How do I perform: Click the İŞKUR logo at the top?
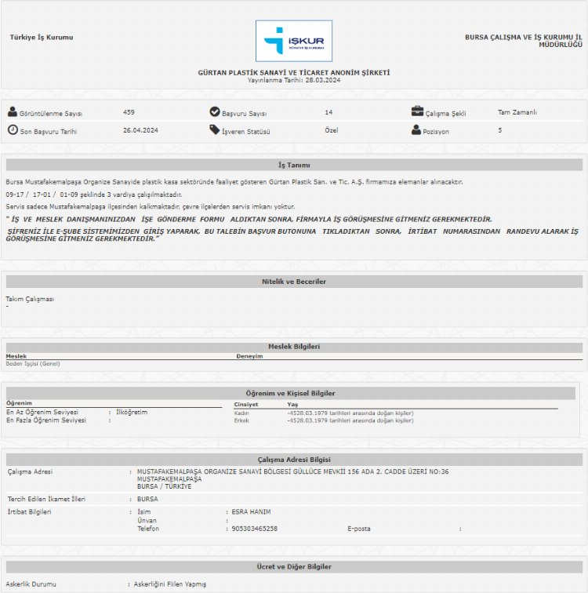[x=294, y=41]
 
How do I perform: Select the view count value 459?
[x=129, y=112]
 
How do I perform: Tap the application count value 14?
[x=328, y=112]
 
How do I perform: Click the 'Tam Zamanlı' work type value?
[x=517, y=112]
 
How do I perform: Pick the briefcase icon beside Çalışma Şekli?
[x=417, y=111]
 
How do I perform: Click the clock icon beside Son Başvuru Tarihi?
[x=13, y=130]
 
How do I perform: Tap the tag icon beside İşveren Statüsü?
[x=215, y=130]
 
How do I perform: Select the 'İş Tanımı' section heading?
[x=294, y=166]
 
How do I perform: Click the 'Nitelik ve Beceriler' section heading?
[x=294, y=282]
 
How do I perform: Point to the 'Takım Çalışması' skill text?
[x=30, y=299]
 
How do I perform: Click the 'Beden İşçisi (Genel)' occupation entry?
[x=33, y=363]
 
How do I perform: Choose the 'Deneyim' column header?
[x=249, y=356]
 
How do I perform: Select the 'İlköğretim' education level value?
[x=132, y=412]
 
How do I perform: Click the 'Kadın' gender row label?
[x=241, y=413]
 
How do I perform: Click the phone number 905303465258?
[x=255, y=529]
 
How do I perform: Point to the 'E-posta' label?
[x=361, y=529]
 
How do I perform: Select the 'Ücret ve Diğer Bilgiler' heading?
[x=294, y=566]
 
